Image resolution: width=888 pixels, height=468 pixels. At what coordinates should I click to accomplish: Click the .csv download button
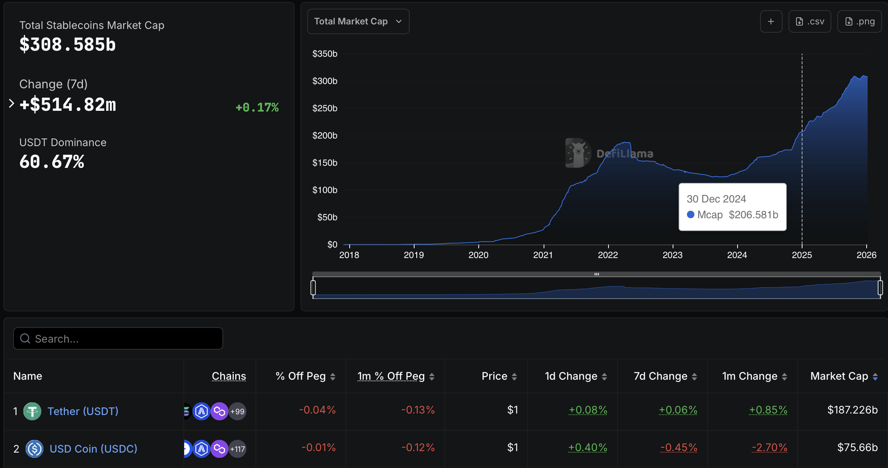tap(810, 21)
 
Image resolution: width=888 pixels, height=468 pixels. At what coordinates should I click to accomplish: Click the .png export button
tap(859, 21)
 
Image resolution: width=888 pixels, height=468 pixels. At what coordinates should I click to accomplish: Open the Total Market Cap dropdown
tap(358, 21)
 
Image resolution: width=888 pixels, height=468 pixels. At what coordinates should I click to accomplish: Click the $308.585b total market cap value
tap(68, 45)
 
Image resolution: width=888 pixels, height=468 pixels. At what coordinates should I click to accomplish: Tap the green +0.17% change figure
tap(257, 107)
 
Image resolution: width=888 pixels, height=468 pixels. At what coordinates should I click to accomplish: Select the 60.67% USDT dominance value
tap(52, 162)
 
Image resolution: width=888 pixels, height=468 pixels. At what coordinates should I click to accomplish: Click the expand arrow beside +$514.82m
tap(11, 104)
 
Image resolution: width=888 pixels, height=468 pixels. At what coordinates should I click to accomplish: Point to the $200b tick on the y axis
tap(325, 136)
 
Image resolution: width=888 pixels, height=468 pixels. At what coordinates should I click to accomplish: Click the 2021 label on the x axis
tap(543, 255)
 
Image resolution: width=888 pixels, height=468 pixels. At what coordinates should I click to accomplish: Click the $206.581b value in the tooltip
tap(753, 215)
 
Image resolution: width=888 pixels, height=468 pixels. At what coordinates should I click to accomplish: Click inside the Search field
tap(118, 338)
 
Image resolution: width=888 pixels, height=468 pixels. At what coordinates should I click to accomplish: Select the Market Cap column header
tap(839, 376)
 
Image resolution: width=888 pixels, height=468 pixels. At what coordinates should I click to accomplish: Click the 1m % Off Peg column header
tap(391, 376)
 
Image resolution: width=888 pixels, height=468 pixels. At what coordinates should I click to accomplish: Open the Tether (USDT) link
tap(83, 411)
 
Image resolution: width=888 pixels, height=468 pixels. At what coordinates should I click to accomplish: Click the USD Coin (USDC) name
tap(93, 449)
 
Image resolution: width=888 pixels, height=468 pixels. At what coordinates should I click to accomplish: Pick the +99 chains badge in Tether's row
tap(237, 411)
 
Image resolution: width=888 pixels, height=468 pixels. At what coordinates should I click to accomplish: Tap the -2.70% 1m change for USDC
tap(769, 447)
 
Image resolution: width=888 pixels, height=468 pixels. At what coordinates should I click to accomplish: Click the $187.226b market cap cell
tap(852, 410)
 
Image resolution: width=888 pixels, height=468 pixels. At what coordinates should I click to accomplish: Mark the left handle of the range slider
tap(313, 288)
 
